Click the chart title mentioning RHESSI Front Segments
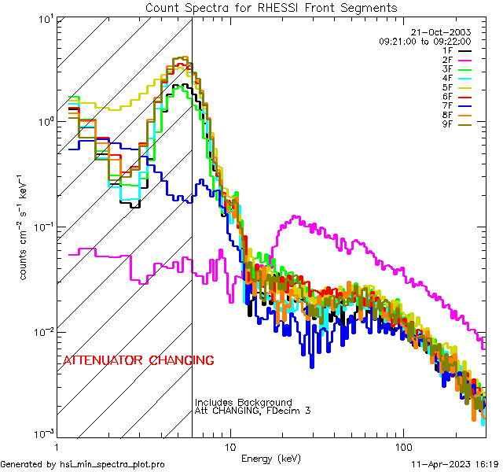271,8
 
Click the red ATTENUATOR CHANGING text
138,360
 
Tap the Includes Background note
244,402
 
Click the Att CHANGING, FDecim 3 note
253,411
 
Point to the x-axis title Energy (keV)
270,458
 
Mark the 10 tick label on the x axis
229,445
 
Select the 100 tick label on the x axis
402,445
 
